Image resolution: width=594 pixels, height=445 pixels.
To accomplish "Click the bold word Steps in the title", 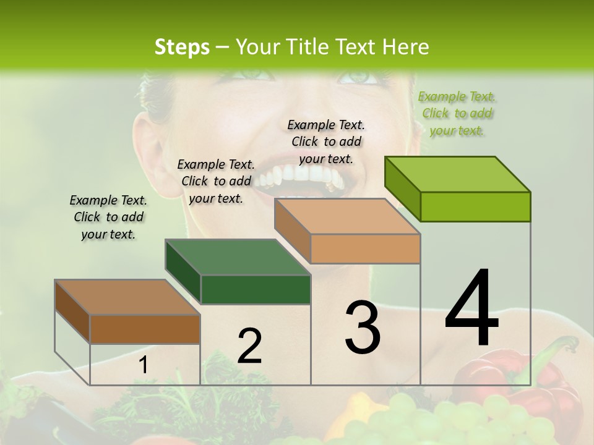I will click(182, 47).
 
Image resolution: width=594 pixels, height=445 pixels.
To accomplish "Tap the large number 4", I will click(471, 308).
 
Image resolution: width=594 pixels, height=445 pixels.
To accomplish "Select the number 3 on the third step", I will click(363, 327).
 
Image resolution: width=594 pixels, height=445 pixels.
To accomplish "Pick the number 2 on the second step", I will click(249, 345).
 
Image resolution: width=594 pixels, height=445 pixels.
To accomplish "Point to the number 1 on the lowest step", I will click(143, 365).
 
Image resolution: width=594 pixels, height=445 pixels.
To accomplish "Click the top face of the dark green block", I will click(238, 257).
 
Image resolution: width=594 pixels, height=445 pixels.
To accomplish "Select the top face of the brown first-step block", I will click(127, 297).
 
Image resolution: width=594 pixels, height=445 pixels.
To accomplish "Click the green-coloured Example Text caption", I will click(457, 114).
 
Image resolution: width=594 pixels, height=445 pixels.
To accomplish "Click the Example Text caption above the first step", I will click(108, 217).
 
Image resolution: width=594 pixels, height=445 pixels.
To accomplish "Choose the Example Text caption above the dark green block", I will click(216, 181).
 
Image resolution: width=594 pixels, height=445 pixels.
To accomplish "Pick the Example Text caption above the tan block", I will click(326, 142).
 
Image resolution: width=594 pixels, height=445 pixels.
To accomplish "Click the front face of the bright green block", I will click(475, 206).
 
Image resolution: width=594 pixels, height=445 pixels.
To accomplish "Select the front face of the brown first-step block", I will click(145, 329).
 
